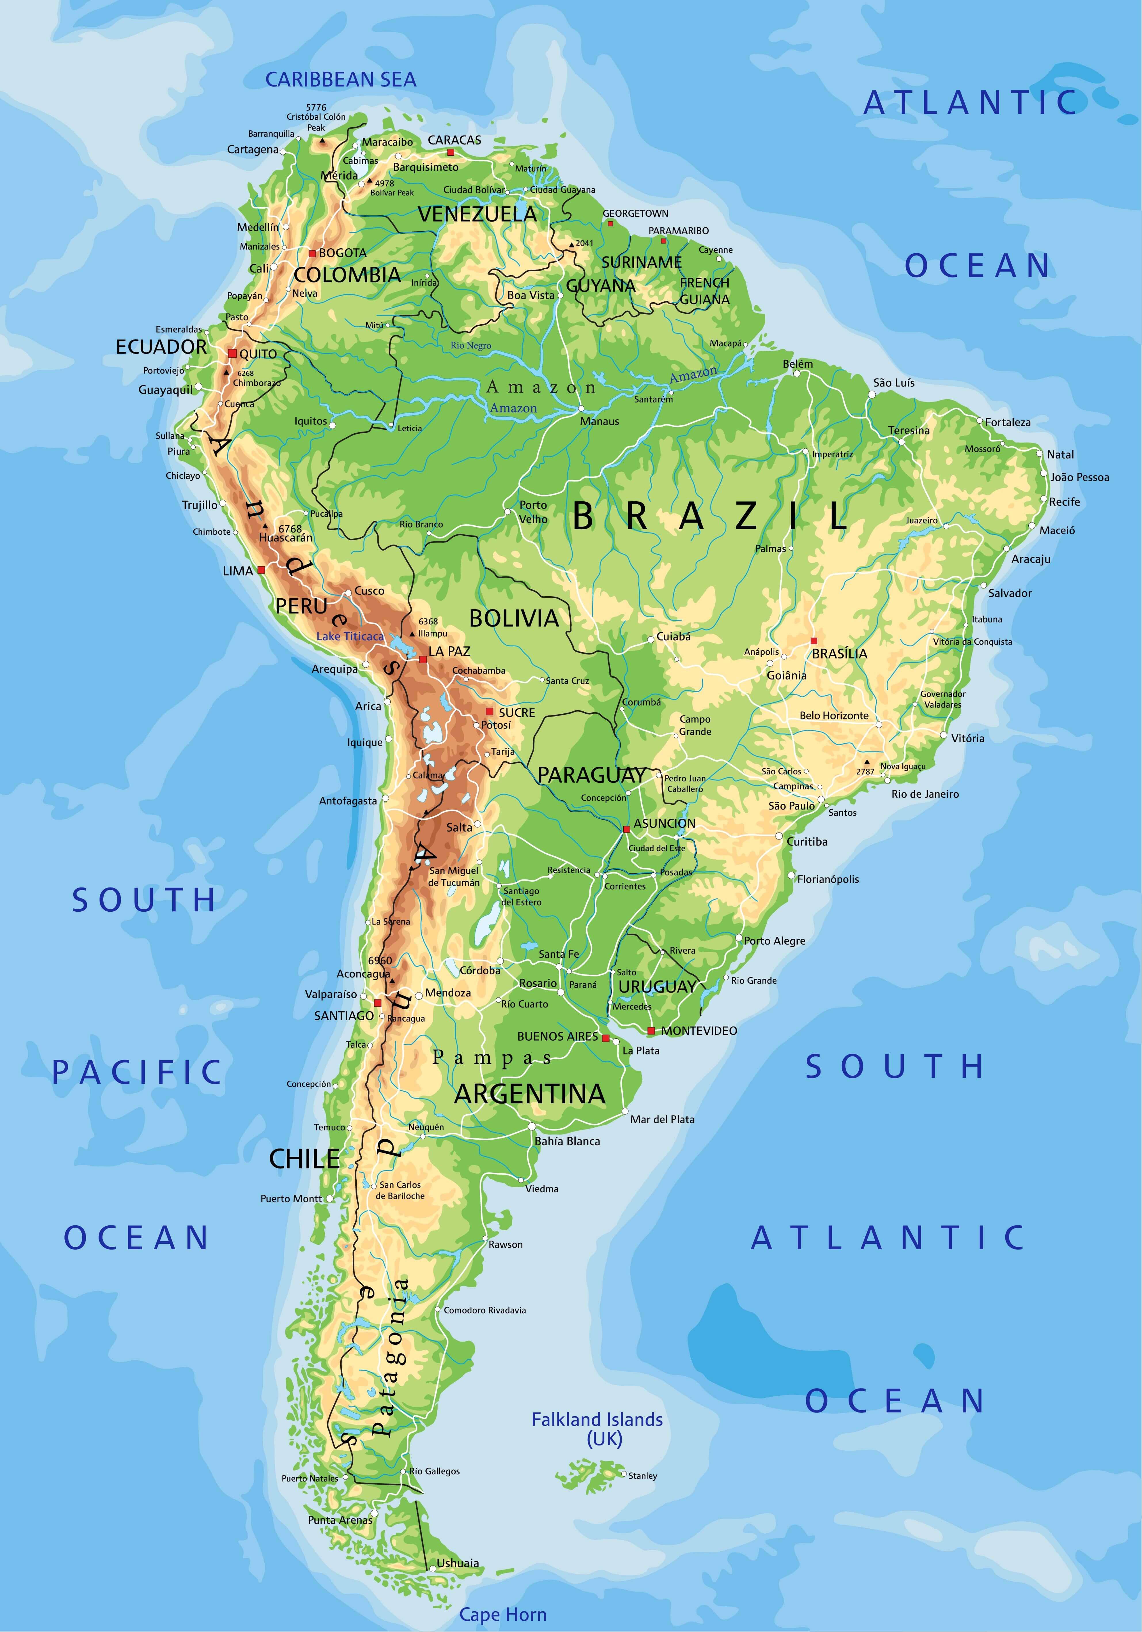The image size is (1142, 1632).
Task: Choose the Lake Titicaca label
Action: tap(350, 636)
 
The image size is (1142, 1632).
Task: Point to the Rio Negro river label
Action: tap(470, 345)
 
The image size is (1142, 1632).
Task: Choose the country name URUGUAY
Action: tap(657, 987)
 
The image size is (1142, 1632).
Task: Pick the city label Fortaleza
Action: tap(1008, 422)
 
